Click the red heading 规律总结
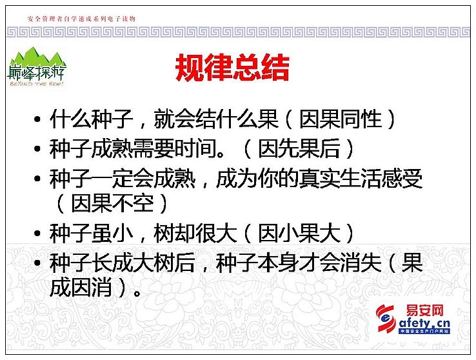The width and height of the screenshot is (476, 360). pos(232,68)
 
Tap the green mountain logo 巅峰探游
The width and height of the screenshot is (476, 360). pos(36,67)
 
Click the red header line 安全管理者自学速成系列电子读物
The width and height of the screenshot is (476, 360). pos(81,19)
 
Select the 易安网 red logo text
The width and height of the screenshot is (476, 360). pos(424,310)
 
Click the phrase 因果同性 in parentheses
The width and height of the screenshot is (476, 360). pos(341,119)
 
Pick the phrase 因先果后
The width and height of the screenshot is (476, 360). pos(299,149)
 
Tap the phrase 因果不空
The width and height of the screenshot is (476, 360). pos(112,203)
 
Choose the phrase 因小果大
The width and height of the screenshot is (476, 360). pos(299,234)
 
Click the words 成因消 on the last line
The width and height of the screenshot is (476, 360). pos(81,287)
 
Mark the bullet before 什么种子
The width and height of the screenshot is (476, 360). pos(37,119)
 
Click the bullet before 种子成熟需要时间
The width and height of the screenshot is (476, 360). pos(37,149)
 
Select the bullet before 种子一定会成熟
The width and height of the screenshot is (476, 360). pos(37,179)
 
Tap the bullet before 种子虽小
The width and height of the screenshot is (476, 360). pos(37,234)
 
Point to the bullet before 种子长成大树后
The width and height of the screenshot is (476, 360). pos(37,263)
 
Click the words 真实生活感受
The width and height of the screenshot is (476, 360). pos(361,179)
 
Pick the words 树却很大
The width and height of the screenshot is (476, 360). pos(195,234)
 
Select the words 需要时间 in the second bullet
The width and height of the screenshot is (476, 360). pos(175,149)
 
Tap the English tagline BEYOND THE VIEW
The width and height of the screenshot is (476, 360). pos(36,83)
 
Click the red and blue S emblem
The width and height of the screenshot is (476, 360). pos(386,318)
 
